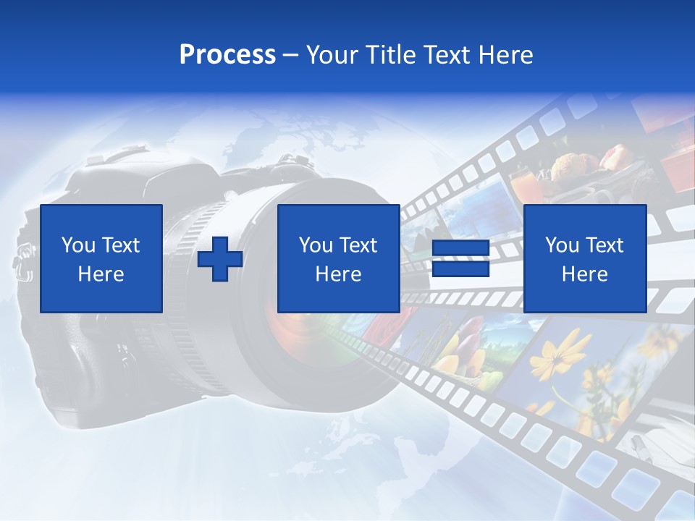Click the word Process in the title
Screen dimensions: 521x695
(x=227, y=55)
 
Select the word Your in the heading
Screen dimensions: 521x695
(x=333, y=55)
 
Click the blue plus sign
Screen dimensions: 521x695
(x=220, y=259)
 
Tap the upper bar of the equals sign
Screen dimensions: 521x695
(x=460, y=249)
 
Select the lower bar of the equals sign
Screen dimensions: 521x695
(x=460, y=269)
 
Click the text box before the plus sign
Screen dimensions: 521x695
(x=101, y=258)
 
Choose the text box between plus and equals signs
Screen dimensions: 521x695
(x=339, y=258)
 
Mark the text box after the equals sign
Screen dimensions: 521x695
(x=585, y=258)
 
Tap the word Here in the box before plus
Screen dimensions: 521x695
(x=101, y=274)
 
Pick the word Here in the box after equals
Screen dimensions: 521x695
(x=585, y=274)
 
